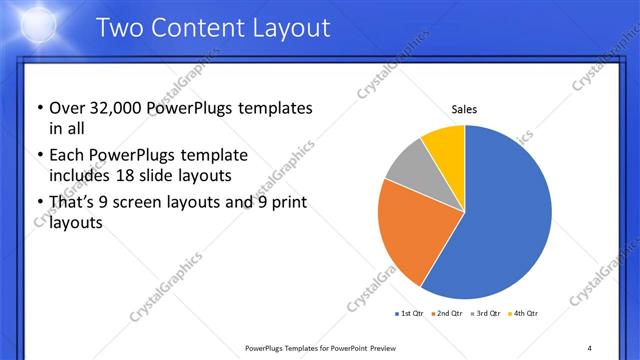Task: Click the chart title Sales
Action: point(464,108)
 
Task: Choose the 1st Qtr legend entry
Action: point(410,314)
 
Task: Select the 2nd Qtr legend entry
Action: point(445,314)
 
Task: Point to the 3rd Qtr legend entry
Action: point(485,314)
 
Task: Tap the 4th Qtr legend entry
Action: point(524,314)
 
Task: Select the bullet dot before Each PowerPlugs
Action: point(39,156)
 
